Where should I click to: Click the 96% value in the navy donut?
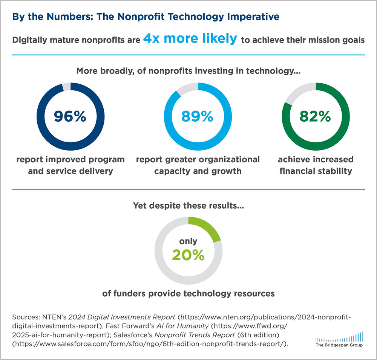(70, 117)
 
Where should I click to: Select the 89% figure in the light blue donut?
(197, 117)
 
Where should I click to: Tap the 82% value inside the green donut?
(315, 117)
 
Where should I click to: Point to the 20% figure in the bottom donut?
(188, 255)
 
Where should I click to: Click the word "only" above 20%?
(188, 241)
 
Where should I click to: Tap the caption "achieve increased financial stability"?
(316, 165)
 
